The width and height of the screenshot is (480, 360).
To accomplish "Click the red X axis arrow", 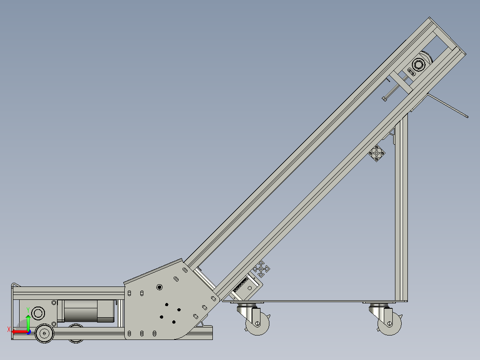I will pyautogui.click(x=19, y=331).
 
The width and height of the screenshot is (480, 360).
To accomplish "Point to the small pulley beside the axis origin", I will pyautogui.click(x=44, y=333).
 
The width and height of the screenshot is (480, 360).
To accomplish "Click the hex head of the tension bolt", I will pyautogui.click(x=384, y=99).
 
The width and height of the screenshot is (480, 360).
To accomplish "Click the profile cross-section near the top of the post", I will pyautogui.click(x=377, y=154).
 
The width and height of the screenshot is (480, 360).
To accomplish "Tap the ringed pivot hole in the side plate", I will pyautogui.click(x=159, y=287).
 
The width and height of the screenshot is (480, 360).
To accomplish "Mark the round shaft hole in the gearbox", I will pyautogui.click(x=38, y=313).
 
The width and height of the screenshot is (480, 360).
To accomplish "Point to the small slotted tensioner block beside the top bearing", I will pyautogui.click(x=411, y=71).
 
